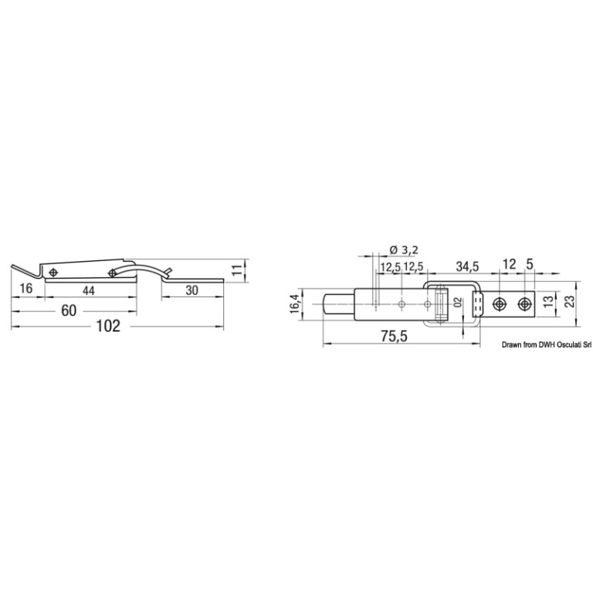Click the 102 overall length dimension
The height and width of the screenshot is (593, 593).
point(108,326)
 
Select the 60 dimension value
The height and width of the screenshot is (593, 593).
point(69,310)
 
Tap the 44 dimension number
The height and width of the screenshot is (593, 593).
point(88,290)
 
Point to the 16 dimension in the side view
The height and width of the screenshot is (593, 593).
point(25,288)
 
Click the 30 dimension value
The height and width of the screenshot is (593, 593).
point(191,290)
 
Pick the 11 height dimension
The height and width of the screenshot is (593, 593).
point(236,270)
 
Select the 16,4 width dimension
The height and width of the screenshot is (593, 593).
point(296,303)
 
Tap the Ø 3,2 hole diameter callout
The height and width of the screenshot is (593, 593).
point(404,249)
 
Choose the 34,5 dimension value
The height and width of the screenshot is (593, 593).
point(467,266)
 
